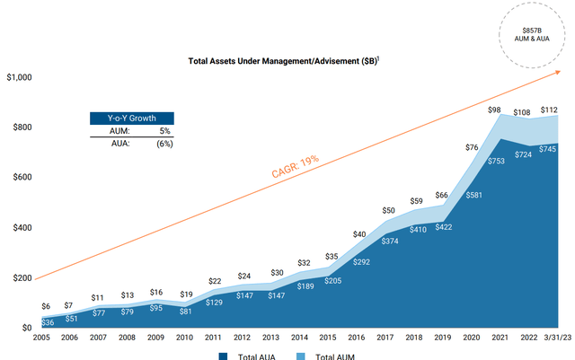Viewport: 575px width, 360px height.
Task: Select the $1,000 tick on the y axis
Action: (20, 78)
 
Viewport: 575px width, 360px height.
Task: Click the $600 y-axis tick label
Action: (23, 178)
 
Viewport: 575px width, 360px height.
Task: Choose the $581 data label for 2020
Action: (472, 194)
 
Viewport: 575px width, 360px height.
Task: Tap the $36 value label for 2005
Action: (49, 322)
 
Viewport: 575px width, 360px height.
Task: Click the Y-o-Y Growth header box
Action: (131, 118)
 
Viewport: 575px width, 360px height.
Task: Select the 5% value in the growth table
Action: (164, 131)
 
